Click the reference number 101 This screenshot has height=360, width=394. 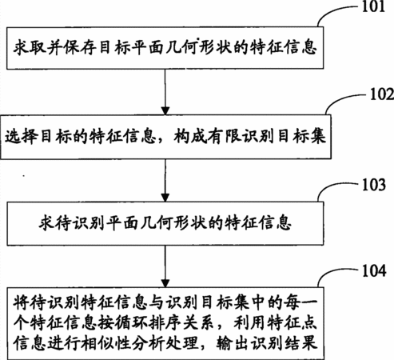(373, 6)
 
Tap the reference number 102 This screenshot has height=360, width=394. (382, 94)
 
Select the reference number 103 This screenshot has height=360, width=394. (374, 185)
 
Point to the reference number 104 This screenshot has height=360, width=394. (374, 270)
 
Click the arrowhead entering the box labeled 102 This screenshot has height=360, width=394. (165, 110)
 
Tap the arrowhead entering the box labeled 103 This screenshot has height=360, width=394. (165, 197)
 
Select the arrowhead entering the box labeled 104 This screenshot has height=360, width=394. (165, 283)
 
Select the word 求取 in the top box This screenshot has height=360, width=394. (30, 48)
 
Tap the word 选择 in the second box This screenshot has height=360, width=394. (21, 136)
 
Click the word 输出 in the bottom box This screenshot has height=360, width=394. (233, 343)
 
